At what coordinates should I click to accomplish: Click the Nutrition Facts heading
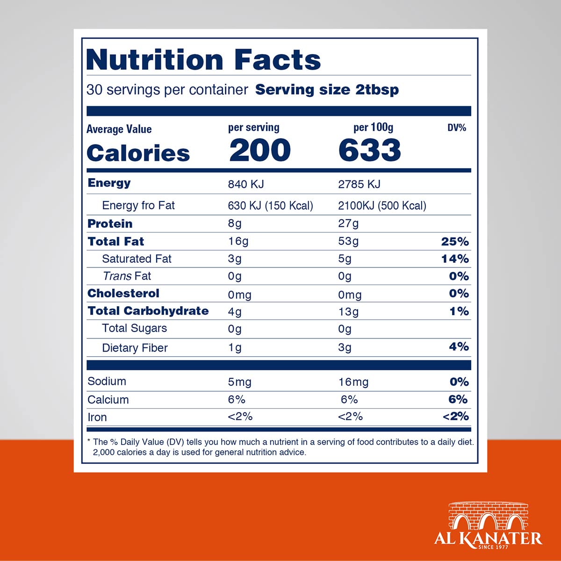point(203,60)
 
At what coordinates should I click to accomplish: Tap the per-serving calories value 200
point(259,150)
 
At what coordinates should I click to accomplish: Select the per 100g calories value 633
point(369,150)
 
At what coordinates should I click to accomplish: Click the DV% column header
point(456,128)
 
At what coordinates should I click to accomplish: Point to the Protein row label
point(110,223)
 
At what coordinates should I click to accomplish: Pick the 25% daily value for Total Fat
point(455,241)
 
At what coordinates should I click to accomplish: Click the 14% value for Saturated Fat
point(455,259)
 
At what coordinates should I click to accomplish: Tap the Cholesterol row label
point(123,293)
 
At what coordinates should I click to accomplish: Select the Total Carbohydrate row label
point(148,311)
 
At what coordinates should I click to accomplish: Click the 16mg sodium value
point(353,382)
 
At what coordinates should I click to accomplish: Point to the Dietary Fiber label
point(135,348)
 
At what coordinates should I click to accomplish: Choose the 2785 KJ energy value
point(359,184)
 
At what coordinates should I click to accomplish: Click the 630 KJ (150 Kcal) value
point(270,206)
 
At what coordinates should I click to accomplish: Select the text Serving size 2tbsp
point(327,90)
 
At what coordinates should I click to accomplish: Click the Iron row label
point(97,417)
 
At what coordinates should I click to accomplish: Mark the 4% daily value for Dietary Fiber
point(459,346)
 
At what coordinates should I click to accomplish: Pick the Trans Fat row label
point(127,276)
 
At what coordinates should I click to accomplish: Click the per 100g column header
point(373,127)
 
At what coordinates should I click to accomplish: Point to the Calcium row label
point(108,400)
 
